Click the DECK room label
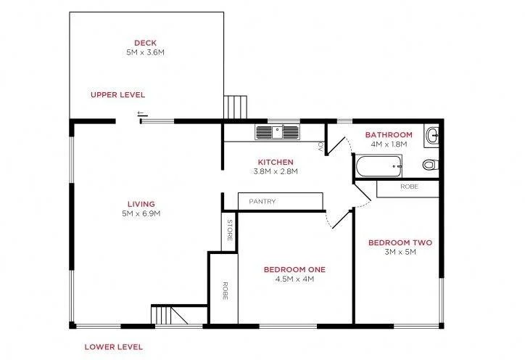coord(145,42)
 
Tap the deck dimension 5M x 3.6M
coord(145,52)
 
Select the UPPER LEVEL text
coord(117,95)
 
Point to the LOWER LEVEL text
coord(113,347)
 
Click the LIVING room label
coord(141,204)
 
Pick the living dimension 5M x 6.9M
coord(141,214)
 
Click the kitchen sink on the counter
coord(276,132)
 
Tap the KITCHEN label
coord(276,162)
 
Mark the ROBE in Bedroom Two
coord(408,187)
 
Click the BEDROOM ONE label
coord(294,269)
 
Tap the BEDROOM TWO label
coord(395,242)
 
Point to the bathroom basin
coord(432,134)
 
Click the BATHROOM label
coord(389,135)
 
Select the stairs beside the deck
coord(235,107)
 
